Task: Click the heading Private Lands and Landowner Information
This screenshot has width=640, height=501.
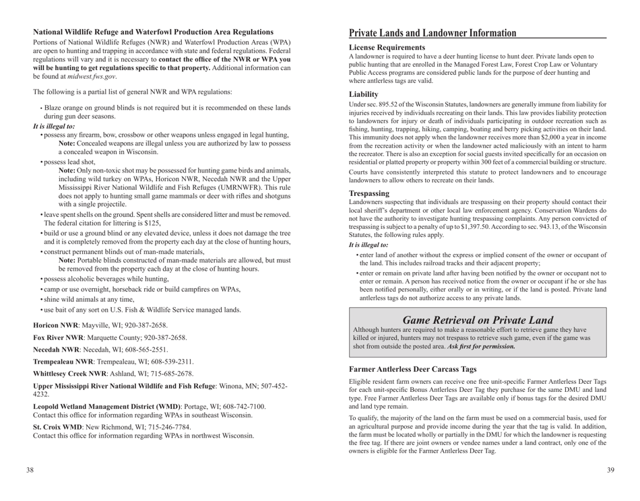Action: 433,33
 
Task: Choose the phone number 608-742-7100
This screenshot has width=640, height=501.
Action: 234,406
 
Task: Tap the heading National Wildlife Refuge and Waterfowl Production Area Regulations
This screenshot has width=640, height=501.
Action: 144,32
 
